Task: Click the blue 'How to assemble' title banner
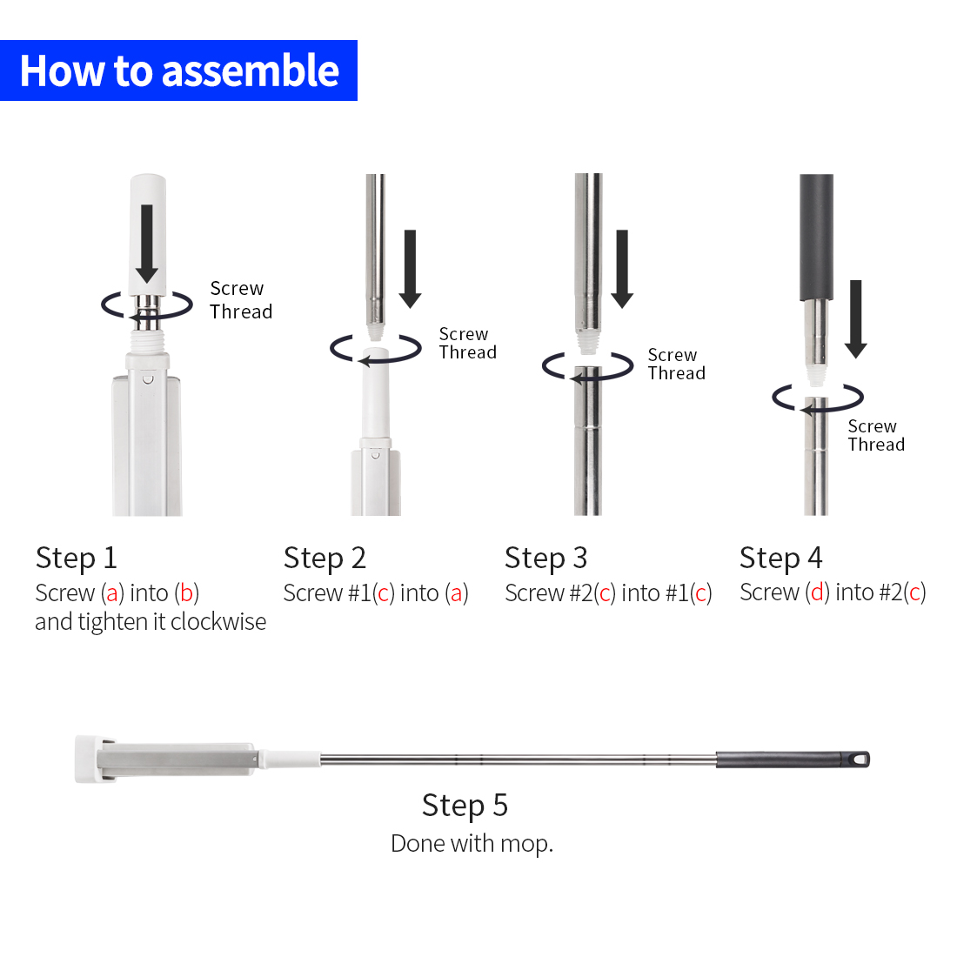click(178, 70)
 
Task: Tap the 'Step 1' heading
click(77, 558)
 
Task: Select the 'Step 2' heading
click(325, 558)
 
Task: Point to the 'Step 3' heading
click(545, 558)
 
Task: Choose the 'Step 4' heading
click(780, 558)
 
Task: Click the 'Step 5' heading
click(465, 805)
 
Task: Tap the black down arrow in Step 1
click(146, 244)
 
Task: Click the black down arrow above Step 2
click(410, 269)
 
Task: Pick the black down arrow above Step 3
click(622, 269)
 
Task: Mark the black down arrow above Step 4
click(856, 318)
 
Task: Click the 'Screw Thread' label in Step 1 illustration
click(241, 299)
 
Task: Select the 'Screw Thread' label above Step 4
click(876, 435)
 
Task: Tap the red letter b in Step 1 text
click(187, 592)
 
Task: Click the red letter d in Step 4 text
click(817, 592)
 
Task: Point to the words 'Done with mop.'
click(472, 844)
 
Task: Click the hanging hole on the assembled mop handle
click(860, 760)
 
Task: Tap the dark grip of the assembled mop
click(793, 760)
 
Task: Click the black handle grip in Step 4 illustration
click(816, 238)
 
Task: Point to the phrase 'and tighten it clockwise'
click(151, 622)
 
